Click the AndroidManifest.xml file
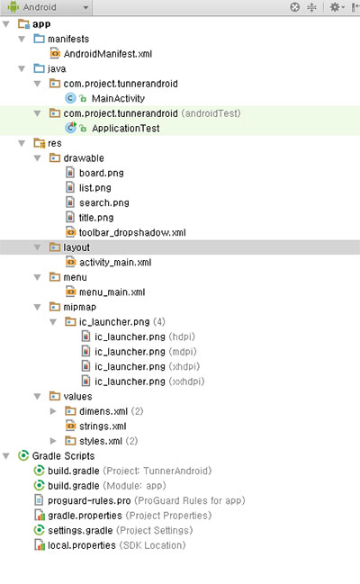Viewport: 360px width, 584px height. [x=108, y=54]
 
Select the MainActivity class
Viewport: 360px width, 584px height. [x=118, y=99]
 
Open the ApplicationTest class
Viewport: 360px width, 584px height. [x=126, y=129]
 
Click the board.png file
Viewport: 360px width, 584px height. [x=102, y=173]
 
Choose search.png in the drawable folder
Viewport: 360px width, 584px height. [x=104, y=203]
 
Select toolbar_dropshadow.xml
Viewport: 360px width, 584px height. [x=132, y=233]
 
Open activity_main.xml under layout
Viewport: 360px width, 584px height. [x=115, y=263]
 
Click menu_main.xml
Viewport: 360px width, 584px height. [x=112, y=292]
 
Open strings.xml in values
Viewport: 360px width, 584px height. [x=103, y=427]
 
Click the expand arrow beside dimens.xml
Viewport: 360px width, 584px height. [x=53, y=411]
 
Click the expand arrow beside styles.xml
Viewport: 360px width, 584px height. [x=53, y=441]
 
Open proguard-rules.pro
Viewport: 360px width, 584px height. [x=89, y=501]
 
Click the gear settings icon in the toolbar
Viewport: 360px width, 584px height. [x=335, y=7]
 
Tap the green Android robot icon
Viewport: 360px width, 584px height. [x=13, y=7]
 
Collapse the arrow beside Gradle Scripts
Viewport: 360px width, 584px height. [x=6, y=456]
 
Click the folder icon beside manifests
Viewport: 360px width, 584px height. [x=39, y=39]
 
